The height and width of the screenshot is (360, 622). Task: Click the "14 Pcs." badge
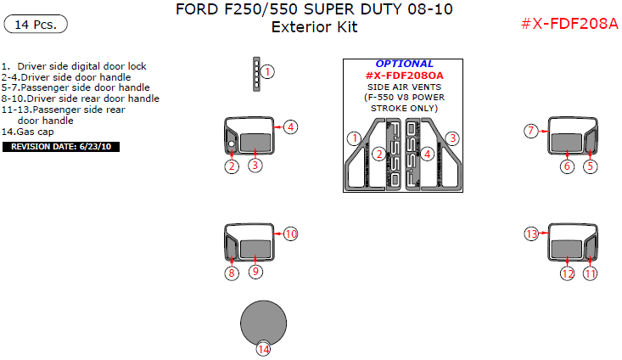tap(36, 25)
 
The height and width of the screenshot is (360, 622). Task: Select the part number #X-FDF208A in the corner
tap(569, 23)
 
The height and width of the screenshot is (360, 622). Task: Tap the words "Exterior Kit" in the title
tap(314, 27)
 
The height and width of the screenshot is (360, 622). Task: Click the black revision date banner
tap(62, 147)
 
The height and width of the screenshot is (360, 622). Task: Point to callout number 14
tap(264, 349)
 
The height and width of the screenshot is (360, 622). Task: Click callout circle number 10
tap(291, 233)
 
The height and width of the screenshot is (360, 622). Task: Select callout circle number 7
tap(532, 131)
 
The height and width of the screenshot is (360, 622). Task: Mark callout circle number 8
tap(232, 273)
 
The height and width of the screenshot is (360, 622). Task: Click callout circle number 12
tap(567, 273)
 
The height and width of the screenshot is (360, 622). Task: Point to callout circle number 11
tap(591, 273)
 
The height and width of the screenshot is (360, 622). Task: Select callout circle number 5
tap(591, 166)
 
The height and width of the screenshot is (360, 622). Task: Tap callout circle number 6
tap(567, 166)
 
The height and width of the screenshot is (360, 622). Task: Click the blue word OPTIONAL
tap(404, 64)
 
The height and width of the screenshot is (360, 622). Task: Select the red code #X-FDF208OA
tap(404, 76)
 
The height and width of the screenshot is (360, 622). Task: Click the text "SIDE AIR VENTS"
tap(404, 87)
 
